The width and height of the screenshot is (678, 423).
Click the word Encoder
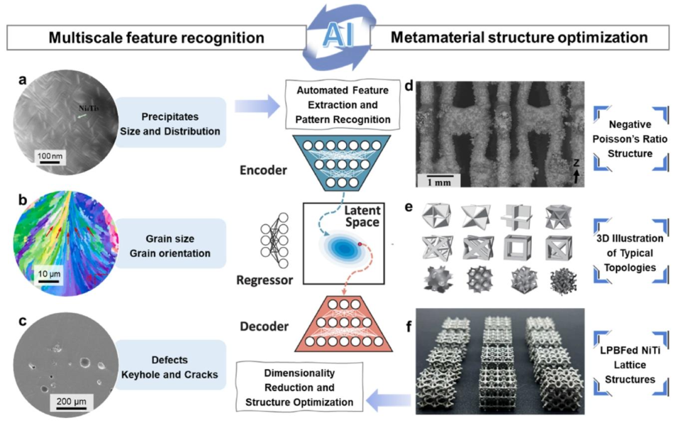point(263,170)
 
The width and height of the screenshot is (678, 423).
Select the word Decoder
point(264,326)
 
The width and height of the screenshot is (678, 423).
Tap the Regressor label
point(264,280)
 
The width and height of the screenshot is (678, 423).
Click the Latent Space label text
point(362,216)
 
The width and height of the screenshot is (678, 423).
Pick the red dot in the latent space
point(359,244)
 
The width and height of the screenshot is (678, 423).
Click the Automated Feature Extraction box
point(343,105)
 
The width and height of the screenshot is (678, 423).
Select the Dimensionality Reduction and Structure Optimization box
point(299,388)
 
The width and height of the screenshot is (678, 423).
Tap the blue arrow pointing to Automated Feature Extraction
point(258,106)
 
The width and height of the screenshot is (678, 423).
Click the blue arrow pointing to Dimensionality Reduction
point(388,400)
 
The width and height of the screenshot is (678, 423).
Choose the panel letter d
point(409,86)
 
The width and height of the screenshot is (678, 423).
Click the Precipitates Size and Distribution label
point(170,124)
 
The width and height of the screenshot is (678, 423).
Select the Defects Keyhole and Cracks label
point(170,367)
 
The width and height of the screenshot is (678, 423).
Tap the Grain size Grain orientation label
point(170,246)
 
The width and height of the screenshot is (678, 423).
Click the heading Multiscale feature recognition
point(156,38)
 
